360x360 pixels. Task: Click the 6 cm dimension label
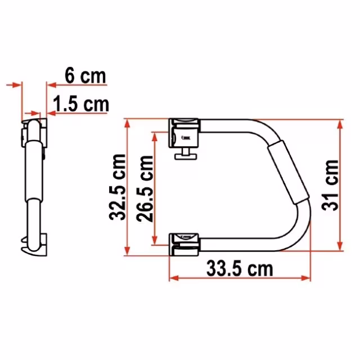[85, 75]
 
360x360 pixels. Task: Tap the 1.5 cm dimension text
[81, 104]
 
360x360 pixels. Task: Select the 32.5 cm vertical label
[118, 187]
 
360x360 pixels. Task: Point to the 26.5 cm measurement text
[145, 188]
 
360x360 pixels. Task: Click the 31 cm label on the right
[330, 185]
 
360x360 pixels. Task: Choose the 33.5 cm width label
[240, 268]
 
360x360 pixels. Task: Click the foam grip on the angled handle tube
[288, 172]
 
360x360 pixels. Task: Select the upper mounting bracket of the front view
[184, 133]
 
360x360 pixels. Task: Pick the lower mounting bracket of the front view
[184, 245]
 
